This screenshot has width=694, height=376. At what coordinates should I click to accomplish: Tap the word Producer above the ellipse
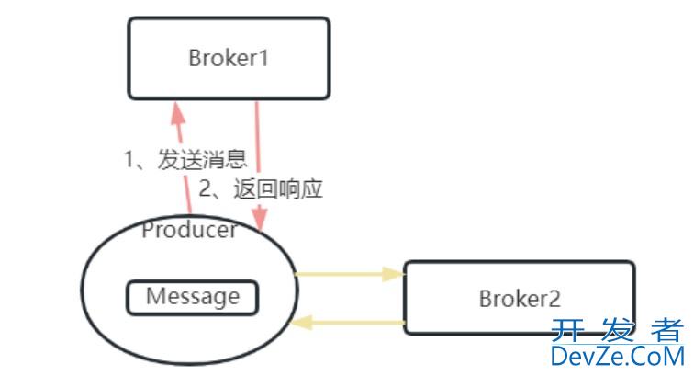[x=189, y=230]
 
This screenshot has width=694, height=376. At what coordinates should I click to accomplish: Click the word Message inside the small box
[x=193, y=297]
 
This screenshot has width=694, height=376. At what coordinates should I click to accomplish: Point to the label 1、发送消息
[x=185, y=159]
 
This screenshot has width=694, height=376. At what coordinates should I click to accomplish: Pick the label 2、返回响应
[x=262, y=189]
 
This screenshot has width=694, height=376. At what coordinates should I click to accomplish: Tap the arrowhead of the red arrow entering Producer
[x=261, y=222]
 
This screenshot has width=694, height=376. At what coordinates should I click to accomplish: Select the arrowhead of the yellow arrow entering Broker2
[x=393, y=273]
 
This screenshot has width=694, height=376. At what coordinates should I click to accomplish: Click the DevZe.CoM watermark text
[x=617, y=356]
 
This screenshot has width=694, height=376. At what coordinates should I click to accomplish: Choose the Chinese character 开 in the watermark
[x=568, y=329]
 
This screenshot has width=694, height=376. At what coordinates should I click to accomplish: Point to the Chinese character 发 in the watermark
[x=617, y=329]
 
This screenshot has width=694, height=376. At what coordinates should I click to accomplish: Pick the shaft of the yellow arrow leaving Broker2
[x=358, y=323]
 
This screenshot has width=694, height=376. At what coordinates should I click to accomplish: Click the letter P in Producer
[x=148, y=230]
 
